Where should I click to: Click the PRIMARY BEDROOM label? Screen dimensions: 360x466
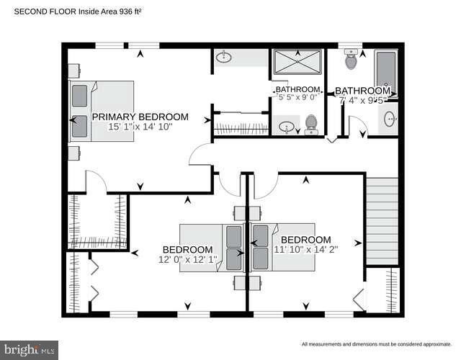[140, 117]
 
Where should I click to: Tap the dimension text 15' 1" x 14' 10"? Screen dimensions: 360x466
[140, 127]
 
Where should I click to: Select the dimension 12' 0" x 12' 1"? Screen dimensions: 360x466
[187, 259]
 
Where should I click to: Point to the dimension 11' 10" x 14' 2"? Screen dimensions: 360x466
[306, 250]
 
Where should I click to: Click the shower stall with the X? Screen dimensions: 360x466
[297, 63]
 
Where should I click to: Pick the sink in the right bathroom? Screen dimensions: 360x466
[390, 120]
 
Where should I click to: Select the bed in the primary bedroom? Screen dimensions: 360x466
[102, 111]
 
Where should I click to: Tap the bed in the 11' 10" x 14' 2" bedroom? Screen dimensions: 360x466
[284, 247]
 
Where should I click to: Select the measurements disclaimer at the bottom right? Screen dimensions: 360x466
[376, 344]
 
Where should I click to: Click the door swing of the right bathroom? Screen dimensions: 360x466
[357, 127]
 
